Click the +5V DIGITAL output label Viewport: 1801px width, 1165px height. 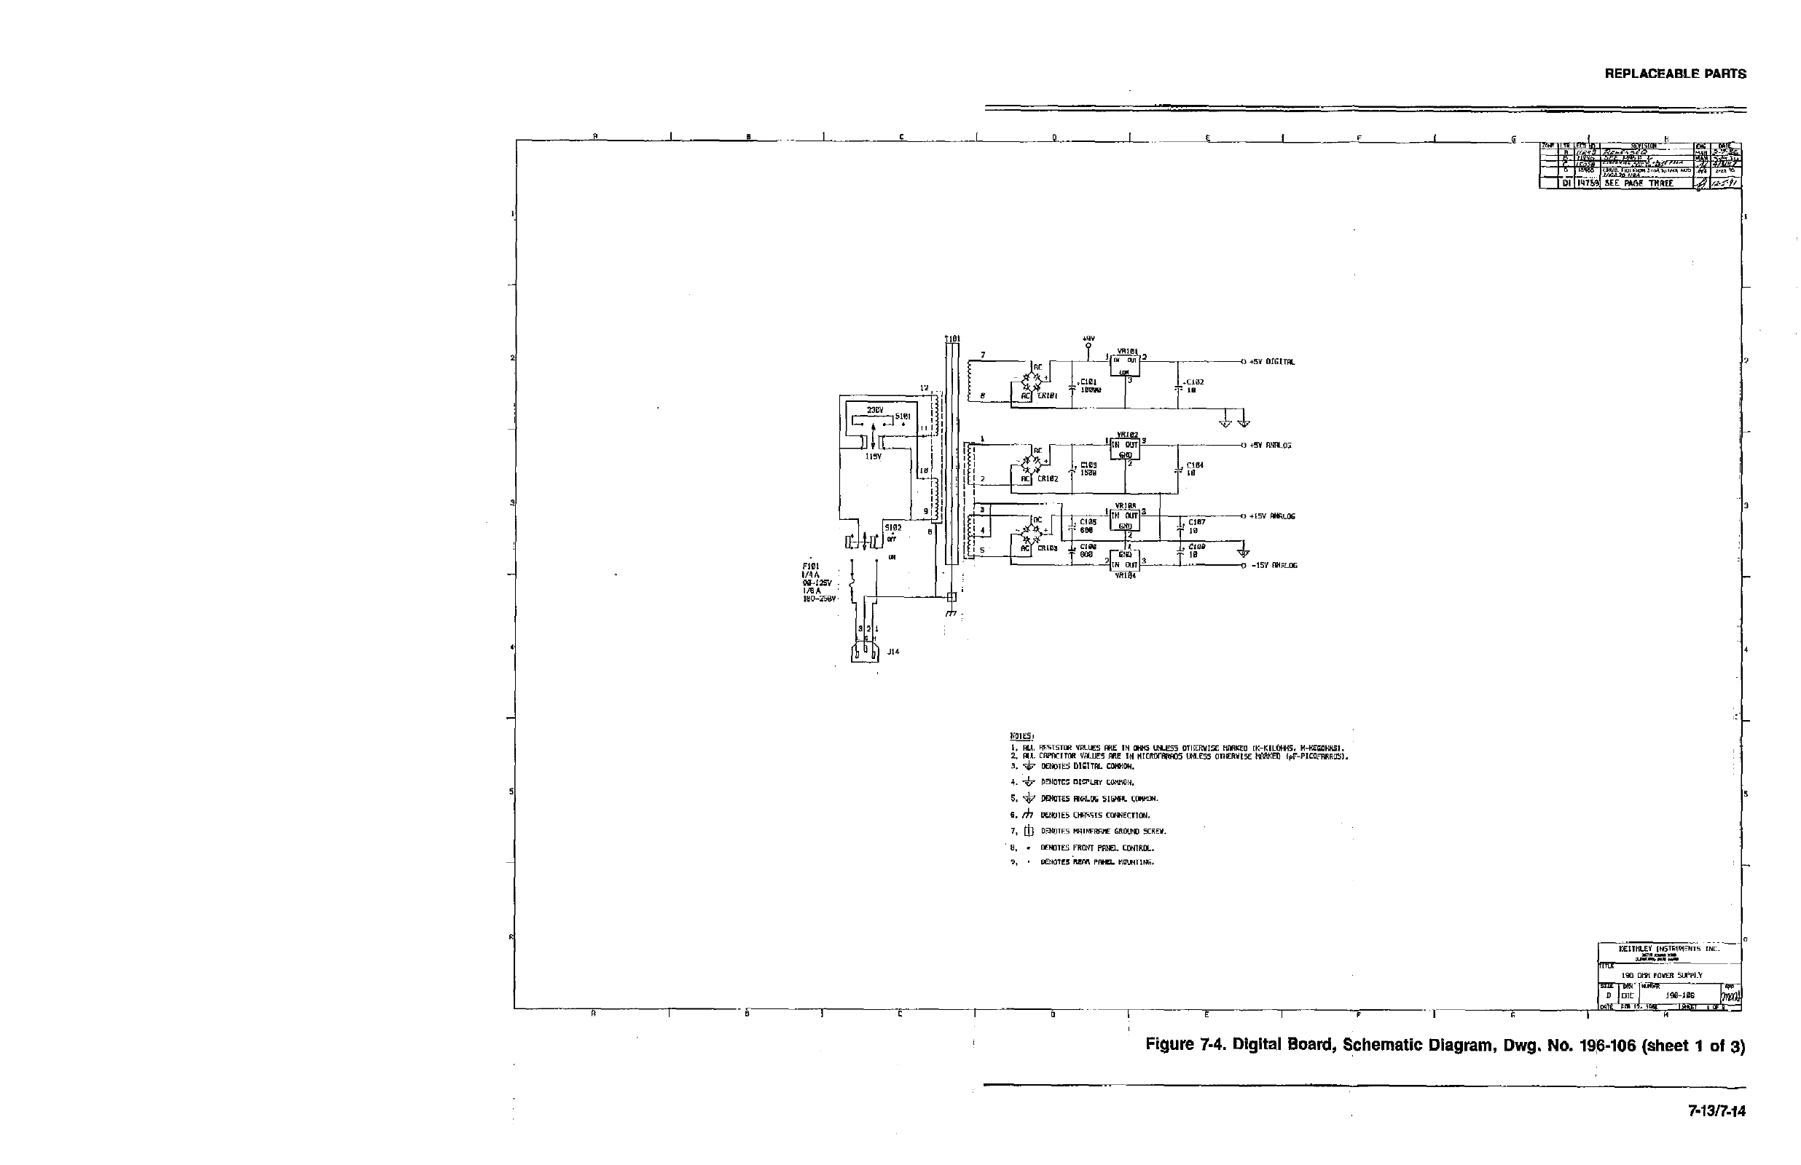coord(1272,362)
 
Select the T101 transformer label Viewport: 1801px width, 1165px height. coord(951,338)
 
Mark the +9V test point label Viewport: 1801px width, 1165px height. coord(1089,339)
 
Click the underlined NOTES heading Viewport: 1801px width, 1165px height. coord(1016,735)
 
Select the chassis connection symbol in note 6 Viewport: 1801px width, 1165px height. coord(1027,815)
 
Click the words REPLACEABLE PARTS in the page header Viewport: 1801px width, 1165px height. coord(1676,74)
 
